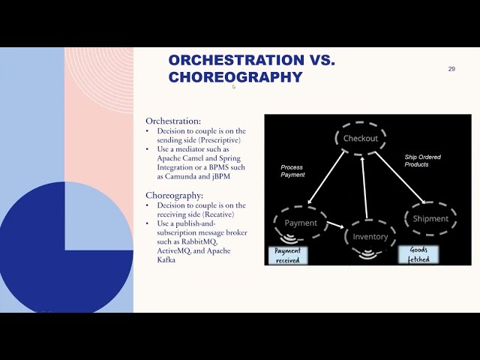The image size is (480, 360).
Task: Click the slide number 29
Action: (451, 69)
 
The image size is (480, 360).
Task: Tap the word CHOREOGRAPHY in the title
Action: (235, 77)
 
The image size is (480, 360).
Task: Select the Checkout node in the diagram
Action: (361, 139)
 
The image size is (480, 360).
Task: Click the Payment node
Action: (301, 223)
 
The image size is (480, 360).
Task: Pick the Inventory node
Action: (370, 236)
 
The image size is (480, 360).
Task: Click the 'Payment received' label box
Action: (287, 256)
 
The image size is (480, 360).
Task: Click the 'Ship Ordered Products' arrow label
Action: (423, 160)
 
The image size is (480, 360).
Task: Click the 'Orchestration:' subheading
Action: (173, 121)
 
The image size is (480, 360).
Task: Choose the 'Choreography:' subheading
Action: (175, 195)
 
